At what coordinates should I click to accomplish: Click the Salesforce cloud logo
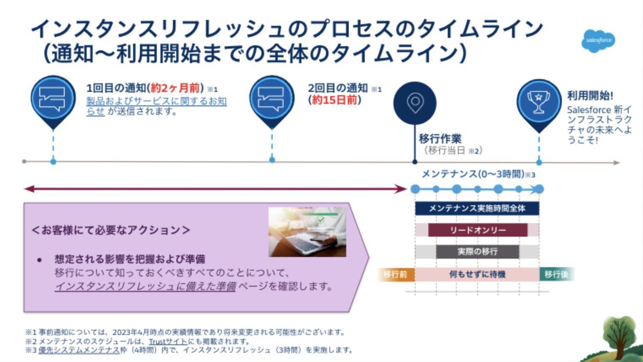(x=599, y=41)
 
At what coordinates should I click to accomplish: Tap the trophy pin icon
(x=538, y=102)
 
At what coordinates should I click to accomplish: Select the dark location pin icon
(x=415, y=102)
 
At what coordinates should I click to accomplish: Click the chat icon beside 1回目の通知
(x=53, y=99)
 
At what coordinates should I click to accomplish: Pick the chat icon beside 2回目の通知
(x=271, y=99)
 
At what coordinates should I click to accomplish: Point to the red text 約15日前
(x=334, y=100)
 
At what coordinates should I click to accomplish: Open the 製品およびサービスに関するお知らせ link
(x=156, y=102)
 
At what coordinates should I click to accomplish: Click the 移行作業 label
(x=440, y=138)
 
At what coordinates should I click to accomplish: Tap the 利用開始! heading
(x=590, y=96)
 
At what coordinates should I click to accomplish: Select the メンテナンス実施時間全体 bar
(x=477, y=208)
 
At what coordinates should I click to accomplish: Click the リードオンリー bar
(x=478, y=230)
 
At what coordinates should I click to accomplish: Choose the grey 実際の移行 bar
(x=477, y=251)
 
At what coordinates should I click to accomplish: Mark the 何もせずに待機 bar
(x=477, y=274)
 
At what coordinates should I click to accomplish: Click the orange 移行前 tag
(x=395, y=274)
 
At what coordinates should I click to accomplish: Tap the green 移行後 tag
(x=556, y=274)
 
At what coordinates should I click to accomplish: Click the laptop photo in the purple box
(x=307, y=232)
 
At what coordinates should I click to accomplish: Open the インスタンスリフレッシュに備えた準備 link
(x=145, y=287)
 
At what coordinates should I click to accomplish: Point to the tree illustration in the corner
(x=619, y=339)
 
